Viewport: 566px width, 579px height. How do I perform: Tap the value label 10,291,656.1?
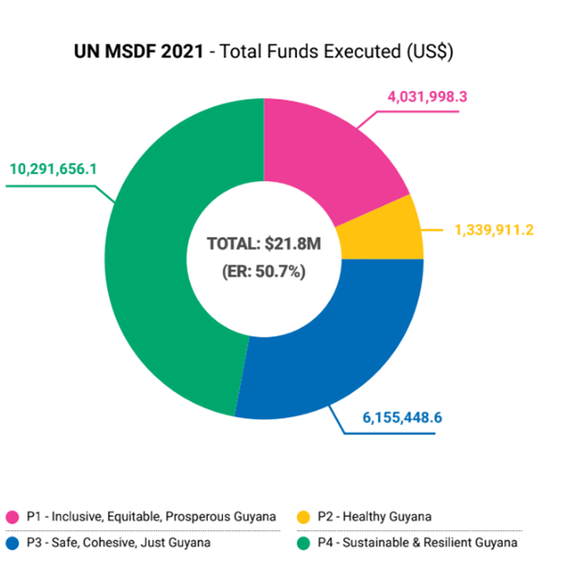tap(55, 169)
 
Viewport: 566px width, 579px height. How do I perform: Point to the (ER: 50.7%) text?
tap(264, 273)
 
